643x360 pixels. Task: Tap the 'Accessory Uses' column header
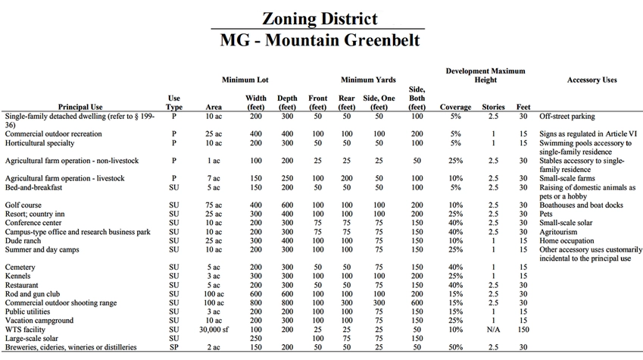click(x=591, y=80)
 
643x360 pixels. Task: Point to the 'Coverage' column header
click(x=455, y=107)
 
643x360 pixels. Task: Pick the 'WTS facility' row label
click(x=24, y=330)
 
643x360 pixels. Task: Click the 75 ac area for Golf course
click(x=214, y=205)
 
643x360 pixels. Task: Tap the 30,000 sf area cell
click(x=214, y=330)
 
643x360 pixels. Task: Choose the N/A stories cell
click(x=493, y=330)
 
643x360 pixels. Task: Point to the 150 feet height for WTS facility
click(x=523, y=330)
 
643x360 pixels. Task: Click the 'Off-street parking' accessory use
click(x=567, y=117)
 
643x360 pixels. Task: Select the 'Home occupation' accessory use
click(x=565, y=240)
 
